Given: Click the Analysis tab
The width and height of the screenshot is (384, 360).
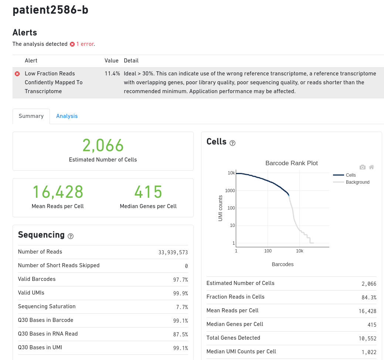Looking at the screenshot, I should pos(67,116).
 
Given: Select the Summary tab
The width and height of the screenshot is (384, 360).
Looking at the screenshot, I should pos(31,116).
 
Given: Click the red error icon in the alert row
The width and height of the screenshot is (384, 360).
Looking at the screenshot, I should pos(17,74).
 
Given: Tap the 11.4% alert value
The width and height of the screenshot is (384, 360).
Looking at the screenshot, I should pos(112,74).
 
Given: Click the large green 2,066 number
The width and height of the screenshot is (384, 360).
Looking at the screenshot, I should pos(103,145).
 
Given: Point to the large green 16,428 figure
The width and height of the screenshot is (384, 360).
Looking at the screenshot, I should pos(58,192).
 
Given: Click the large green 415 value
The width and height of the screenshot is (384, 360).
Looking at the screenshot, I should pos(148,192).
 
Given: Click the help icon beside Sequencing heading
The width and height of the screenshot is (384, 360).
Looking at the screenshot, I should pos(71,236).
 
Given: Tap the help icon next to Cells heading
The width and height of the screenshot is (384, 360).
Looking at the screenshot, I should pos(232,143).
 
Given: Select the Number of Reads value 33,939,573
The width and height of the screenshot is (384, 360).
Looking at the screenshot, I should pos(173,252).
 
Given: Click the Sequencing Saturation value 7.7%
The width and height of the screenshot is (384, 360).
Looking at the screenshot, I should pos(181,307).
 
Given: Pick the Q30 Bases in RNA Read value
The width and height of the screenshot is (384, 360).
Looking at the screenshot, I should pos(180,334).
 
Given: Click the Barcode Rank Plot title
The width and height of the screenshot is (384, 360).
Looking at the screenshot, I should pos(291,163).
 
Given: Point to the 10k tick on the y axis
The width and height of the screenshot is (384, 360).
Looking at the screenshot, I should pos(231,173).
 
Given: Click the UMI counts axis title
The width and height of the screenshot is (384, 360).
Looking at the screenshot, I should pos(220,208).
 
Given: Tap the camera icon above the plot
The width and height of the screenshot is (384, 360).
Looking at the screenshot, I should pos(363,167).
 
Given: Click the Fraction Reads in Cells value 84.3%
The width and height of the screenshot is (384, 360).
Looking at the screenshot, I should pos(368,298).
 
